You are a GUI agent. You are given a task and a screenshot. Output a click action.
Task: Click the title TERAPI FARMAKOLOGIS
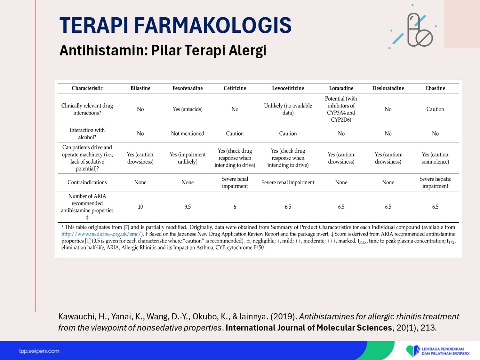[175, 26]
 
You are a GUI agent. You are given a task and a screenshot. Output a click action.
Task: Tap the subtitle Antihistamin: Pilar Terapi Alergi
[163, 51]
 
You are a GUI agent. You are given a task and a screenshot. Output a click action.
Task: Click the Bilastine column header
[140, 88]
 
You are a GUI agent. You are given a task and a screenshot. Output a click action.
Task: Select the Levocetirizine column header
[288, 88]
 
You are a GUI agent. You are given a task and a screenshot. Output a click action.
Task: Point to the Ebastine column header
[435, 88]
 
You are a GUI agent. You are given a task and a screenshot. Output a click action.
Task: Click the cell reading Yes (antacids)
[188, 109]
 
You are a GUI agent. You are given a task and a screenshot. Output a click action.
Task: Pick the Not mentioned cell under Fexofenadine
[188, 133]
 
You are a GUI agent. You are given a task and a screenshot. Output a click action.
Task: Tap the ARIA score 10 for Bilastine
[140, 206]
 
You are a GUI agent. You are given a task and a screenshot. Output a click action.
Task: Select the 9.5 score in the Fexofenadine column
[188, 206]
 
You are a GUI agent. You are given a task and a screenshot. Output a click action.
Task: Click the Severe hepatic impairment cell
[435, 182]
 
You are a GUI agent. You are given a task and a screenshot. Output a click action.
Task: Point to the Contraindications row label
[87, 182]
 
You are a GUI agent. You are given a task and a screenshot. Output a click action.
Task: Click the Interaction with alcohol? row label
[87, 133]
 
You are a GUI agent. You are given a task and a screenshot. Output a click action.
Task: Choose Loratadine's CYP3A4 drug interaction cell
[341, 109]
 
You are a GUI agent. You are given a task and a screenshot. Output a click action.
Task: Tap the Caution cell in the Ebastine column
[435, 109]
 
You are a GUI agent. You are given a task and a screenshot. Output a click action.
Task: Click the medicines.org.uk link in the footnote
[101, 234]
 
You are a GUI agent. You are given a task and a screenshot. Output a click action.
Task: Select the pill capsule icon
[420, 30]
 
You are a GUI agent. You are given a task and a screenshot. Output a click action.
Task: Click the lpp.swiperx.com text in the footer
[39, 351]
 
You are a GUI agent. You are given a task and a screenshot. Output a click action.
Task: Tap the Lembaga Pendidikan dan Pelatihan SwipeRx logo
[437, 351]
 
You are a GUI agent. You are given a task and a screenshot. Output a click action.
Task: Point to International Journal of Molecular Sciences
[308, 328]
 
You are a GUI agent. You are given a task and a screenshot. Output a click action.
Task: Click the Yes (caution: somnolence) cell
[435, 158]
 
